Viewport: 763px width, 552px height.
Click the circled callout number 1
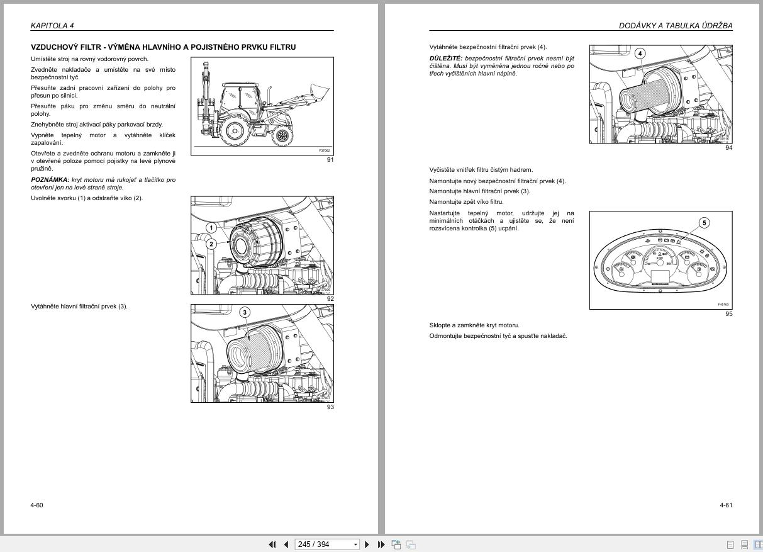(212, 228)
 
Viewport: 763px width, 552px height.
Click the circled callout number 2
(212, 244)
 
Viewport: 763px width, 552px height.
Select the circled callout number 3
(245, 312)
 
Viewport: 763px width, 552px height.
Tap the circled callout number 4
(640, 54)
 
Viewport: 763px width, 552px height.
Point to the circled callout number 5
(705, 223)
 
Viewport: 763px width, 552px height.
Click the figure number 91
(330, 160)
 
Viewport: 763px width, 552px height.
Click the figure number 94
(728, 148)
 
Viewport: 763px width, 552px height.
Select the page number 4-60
(37, 505)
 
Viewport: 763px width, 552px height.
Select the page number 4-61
(726, 505)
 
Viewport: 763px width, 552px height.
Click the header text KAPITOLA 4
(52, 26)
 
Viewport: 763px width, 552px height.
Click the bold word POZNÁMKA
(50, 180)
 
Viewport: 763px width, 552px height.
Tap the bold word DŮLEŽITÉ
(445, 59)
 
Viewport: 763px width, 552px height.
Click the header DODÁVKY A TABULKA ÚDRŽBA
(676, 26)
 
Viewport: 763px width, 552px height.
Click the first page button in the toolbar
(272, 544)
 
